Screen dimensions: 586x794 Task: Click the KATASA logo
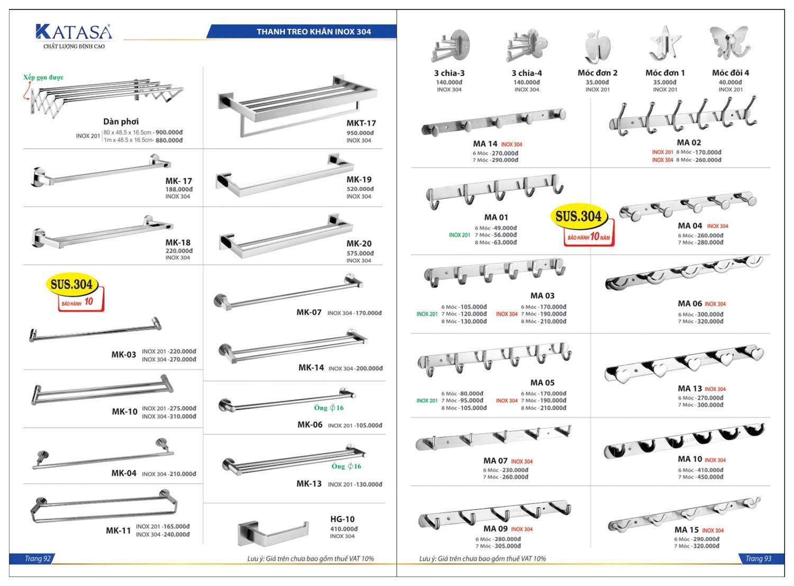tap(74, 33)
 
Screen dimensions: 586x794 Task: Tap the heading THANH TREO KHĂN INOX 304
tap(313, 32)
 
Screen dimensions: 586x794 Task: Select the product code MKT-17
tap(361, 123)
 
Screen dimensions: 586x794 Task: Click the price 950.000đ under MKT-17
tap(360, 133)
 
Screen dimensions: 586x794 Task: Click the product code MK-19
tap(359, 180)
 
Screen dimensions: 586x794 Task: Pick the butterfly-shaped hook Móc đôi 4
tap(729, 44)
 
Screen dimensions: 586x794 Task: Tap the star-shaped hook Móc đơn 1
tap(663, 44)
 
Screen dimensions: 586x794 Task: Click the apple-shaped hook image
tap(598, 47)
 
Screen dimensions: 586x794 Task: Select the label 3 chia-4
tap(526, 73)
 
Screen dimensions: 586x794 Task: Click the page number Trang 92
tap(37, 558)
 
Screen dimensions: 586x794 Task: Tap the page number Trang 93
tap(758, 558)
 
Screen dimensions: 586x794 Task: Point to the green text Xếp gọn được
tap(43, 77)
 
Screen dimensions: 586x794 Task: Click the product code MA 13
tap(690, 389)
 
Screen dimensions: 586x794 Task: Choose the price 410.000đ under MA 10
tap(706, 470)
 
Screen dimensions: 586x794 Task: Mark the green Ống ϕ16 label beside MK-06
tap(329, 408)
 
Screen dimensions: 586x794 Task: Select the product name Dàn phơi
tap(121, 122)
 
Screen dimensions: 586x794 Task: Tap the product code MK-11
tap(118, 530)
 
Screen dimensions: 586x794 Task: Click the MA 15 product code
tap(687, 530)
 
